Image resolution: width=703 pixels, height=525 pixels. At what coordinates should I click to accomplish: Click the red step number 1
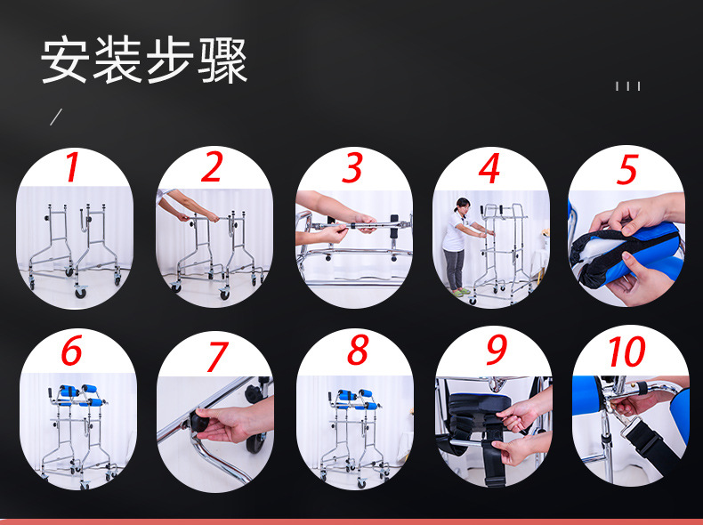pyautogui.click(x=71, y=169)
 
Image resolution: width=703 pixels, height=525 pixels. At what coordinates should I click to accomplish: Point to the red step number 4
pyautogui.click(x=489, y=169)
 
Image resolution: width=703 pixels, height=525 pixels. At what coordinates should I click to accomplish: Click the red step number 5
pyautogui.click(x=628, y=169)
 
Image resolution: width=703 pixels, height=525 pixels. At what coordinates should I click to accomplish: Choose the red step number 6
pyautogui.click(x=71, y=352)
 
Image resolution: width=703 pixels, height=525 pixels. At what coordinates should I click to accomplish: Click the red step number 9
pyautogui.click(x=496, y=351)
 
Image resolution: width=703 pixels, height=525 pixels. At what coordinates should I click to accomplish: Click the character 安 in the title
pyautogui.click(x=64, y=61)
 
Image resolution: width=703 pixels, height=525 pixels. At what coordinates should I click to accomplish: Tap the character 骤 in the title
pyautogui.click(x=222, y=61)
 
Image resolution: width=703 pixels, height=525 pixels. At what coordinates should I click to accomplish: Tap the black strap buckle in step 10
pyautogui.click(x=642, y=444)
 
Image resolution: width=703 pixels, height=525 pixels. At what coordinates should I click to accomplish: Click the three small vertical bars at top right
pyautogui.click(x=627, y=86)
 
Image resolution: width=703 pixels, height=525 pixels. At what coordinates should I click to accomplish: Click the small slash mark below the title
pyautogui.click(x=55, y=117)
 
